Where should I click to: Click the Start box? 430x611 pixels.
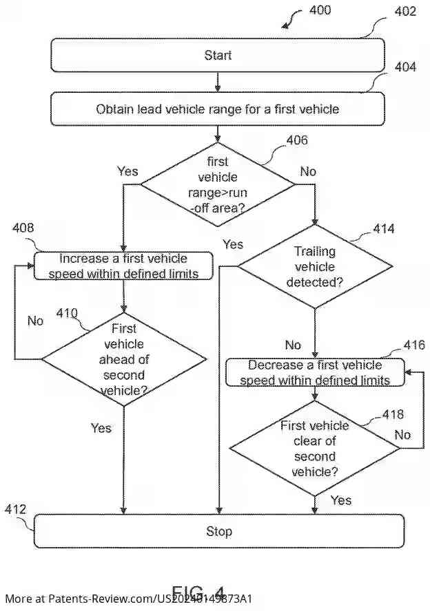pos(218,55)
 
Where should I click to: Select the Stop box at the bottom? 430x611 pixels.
pos(219,531)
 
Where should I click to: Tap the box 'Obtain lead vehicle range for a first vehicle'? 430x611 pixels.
pos(218,109)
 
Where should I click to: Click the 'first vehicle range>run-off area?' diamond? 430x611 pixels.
pos(218,184)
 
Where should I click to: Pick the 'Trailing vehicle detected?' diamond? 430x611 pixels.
pos(314,267)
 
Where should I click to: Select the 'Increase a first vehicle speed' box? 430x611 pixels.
pos(124,266)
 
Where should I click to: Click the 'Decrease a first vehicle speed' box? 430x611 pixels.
pos(315,373)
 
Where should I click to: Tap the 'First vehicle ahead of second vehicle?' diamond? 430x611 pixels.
pos(124,358)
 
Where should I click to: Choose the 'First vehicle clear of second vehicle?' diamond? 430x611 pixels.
pos(314,449)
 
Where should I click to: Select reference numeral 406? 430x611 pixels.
pos(297,140)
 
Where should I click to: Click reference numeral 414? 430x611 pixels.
pos(383,228)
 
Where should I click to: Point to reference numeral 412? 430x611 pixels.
pos(15,510)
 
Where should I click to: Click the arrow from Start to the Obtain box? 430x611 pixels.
pos(218,82)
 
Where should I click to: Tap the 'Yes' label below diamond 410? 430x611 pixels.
pos(101,428)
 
